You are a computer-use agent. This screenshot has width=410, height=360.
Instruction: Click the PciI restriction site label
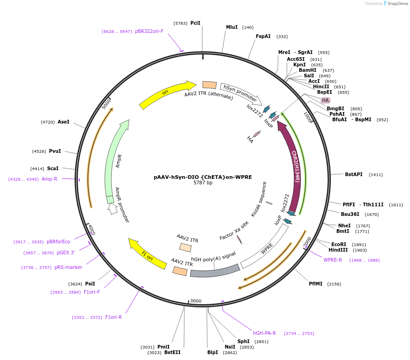(x=195, y=23)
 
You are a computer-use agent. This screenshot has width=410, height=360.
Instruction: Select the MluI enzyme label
(x=232, y=27)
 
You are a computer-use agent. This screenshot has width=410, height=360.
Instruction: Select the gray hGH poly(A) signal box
(x=214, y=271)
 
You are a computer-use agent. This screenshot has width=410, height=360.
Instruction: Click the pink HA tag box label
(x=325, y=100)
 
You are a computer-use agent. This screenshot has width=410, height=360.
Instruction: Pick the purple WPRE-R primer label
(x=333, y=260)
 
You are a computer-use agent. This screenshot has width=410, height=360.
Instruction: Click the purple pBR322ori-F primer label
(x=149, y=32)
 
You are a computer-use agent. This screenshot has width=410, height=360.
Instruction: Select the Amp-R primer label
(x=49, y=179)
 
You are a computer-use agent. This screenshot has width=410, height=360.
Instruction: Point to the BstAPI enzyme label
(x=354, y=174)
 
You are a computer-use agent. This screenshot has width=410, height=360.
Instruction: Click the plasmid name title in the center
(x=203, y=177)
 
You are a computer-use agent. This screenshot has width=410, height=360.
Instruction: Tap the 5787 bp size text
(x=203, y=183)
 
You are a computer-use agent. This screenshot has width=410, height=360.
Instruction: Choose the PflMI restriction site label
(x=315, y=284)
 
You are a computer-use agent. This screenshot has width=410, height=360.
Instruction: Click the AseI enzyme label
(x=63, y=122)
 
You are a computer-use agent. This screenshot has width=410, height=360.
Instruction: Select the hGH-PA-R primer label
(x=264, y=333)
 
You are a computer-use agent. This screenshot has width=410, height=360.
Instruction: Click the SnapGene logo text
(x=395, y=4)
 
